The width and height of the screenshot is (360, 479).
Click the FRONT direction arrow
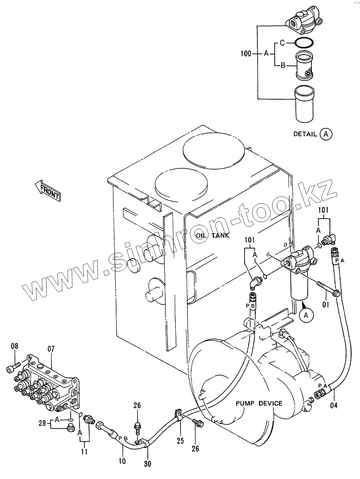point(48,190)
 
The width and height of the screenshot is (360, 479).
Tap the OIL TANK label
point(213,235)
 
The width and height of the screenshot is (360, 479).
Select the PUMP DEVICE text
point(259,403)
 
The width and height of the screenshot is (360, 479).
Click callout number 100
point(246,53)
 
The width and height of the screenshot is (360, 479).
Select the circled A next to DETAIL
point(326,134)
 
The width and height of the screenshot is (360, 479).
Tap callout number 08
point(15,346)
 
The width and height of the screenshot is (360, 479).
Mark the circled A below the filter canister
point(306,315)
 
